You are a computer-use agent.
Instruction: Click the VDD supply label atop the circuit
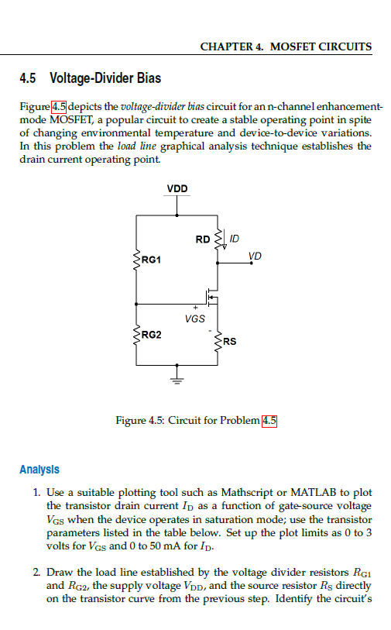(x=177, y=188)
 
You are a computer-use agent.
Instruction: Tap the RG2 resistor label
(x=152, y=335)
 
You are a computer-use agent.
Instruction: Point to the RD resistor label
(x=203, y=239)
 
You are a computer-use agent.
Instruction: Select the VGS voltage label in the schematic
(x=195, y=318)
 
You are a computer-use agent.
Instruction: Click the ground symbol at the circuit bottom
(x=178, y=380)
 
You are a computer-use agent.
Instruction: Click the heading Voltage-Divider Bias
(x=105, y=78)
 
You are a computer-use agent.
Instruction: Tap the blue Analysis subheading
(x=39, y=470)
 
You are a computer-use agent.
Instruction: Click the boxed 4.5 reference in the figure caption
(x=269, y=421)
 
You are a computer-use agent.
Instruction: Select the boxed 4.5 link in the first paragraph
(x=59, y=105)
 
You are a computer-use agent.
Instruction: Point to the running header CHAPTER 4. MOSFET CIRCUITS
(x=286, y=46)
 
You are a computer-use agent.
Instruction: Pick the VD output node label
(x=255, y=256)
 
